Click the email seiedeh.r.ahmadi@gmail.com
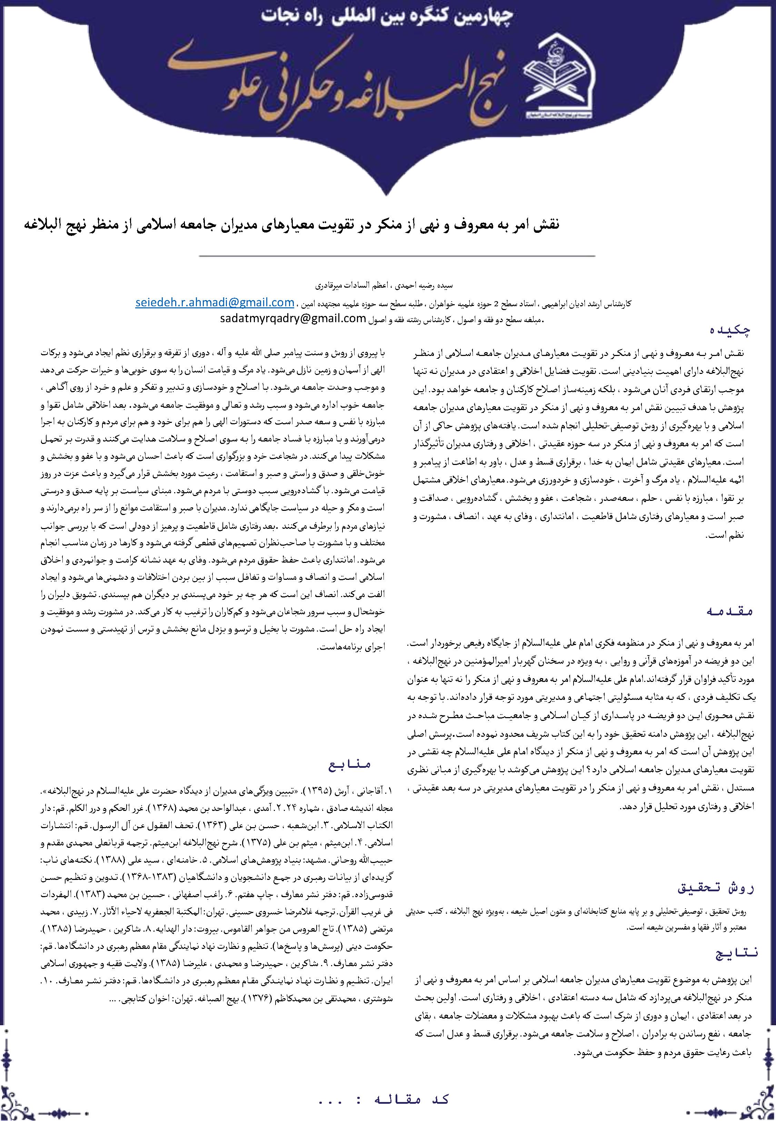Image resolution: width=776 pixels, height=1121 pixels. (x=215, y=302)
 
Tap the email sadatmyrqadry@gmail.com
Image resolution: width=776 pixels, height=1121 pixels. (x=293, y=319)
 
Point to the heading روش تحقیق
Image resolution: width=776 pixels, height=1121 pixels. (x=716, y=888)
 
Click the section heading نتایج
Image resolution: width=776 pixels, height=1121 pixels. (x=734, y=953)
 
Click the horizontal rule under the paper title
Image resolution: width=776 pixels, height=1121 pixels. (x=397, y=256)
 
